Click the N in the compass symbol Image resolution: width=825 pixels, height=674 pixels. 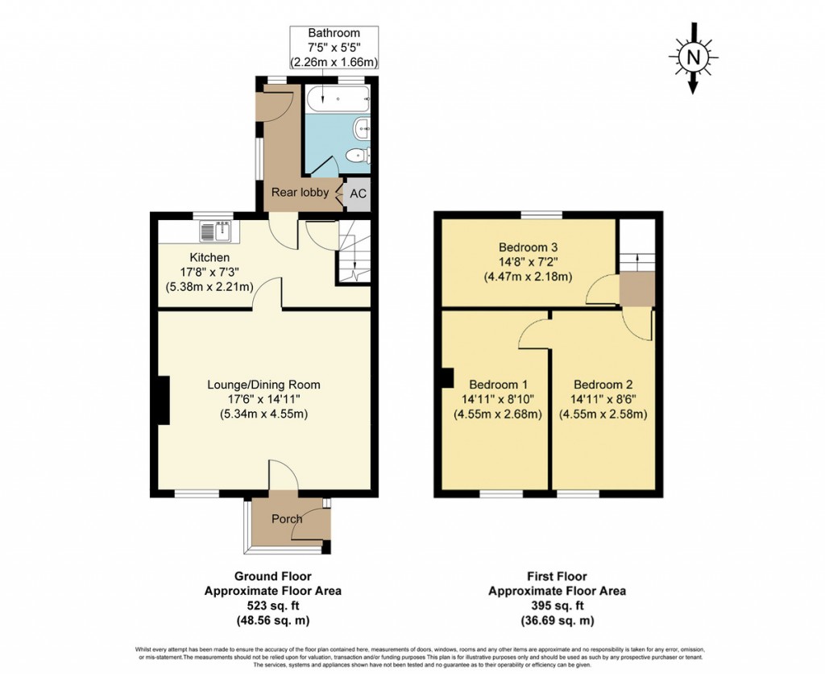pos(691,56)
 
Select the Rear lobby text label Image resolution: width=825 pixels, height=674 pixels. pos(299,192)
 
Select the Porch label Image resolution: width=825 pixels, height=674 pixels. pos(286,518)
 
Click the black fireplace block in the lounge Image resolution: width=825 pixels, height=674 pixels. pos(164,401)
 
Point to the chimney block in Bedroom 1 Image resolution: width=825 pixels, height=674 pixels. pos(446,377)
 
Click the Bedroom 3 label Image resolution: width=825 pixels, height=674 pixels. pos(528,248)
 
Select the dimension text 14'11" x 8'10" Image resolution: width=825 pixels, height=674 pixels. pos(497,399)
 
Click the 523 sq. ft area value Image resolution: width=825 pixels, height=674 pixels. pos(272,605)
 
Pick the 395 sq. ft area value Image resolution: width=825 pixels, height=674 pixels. pos(557,605)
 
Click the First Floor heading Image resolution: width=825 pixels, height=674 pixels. pos(557,576)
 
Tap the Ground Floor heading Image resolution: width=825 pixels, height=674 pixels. pos(272,576)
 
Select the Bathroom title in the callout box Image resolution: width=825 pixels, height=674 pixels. pos(334,33)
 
